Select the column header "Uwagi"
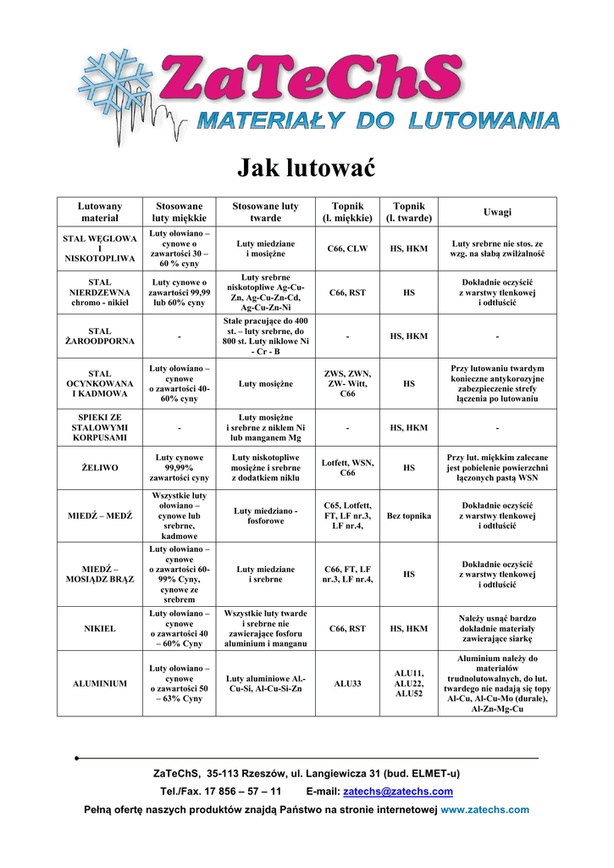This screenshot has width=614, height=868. (x=497, y=212)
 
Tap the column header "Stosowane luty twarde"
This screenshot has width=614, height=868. (x=265, y=212)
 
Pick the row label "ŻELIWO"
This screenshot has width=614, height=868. (x=100, y=467)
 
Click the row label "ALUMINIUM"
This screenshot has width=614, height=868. (x=100, y=683)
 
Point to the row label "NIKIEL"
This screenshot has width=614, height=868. (x=100, y=629)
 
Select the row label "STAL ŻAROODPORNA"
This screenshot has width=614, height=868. (x=100, y=337)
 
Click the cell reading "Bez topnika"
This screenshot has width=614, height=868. (x=409, y=515)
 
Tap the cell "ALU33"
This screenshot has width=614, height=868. (x=347, y=683)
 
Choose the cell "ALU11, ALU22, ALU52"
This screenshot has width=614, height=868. (x=409, y=683)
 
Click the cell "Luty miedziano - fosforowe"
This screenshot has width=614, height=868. (x=265, y=515)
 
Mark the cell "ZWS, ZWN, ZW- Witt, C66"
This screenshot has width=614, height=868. (x=347, y=384)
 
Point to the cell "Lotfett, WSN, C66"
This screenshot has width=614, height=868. (x=347, y=467)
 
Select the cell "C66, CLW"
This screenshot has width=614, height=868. (x=347, y=248)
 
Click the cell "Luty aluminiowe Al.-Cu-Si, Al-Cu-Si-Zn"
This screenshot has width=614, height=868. (x=265, y=683)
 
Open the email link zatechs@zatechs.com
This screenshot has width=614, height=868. (x=397, y=792)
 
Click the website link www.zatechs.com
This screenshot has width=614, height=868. (x=484, y=810)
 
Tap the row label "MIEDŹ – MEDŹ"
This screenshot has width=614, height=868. (x=100, y=515)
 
